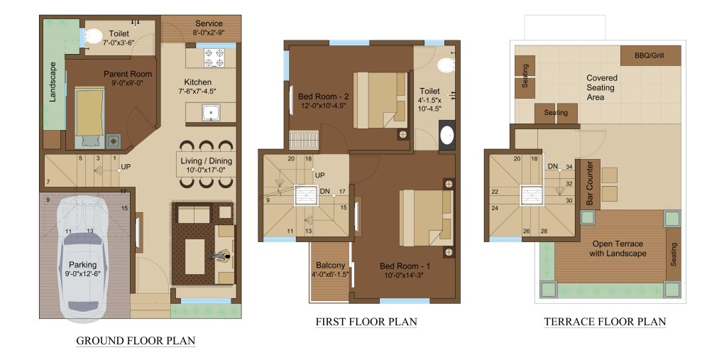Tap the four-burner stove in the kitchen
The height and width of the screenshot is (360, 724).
click(214, 58)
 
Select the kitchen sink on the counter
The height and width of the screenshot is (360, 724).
click(212, 113)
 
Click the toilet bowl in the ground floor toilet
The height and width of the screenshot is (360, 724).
click(94, 35)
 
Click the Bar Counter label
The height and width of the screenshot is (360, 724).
click(590, 183)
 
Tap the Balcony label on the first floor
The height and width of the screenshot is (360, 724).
click(330, 266)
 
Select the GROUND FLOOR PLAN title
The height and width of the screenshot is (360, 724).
click(136, 341)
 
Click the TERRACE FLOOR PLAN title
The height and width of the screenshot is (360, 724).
click(605, 322)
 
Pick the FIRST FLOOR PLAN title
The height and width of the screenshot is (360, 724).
click(366, 322)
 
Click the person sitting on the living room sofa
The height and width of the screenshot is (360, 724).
click(221, 256)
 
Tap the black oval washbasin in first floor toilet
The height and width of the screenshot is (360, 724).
click(447, 136)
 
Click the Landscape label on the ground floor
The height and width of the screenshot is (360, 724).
click(53, 82)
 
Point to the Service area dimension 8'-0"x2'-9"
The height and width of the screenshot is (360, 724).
click(209, 33)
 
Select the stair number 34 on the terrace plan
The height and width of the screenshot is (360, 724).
click(569, 167)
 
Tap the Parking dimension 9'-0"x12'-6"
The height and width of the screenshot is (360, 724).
click(83, 273)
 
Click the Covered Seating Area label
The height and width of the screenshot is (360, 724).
click(601, 88)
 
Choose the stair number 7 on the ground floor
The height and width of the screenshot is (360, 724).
click(48, 181)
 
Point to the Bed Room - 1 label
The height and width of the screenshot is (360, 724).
click(405, 266)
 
